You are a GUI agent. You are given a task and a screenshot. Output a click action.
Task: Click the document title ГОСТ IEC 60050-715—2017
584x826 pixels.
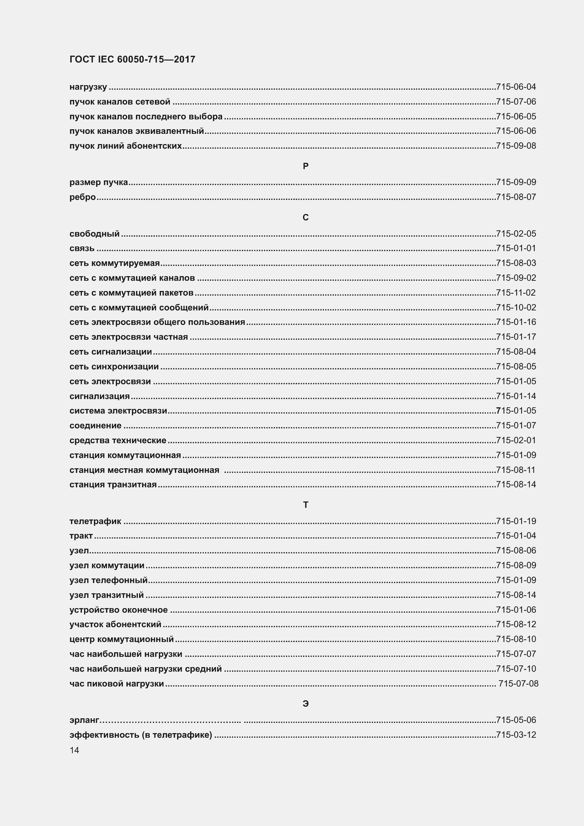pos(132,59)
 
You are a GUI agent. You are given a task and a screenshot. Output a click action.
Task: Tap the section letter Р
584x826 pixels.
pos(306,166)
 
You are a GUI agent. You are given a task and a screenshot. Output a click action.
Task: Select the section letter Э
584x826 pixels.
pos(306,704)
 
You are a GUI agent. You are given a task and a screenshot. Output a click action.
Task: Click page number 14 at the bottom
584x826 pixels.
pos(75,750)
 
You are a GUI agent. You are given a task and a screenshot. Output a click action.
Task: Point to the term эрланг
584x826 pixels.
pos(84,720)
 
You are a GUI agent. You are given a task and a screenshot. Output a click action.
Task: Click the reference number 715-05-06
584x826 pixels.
pos(516,720)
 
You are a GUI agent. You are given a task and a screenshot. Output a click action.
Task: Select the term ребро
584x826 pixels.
pos(83,197)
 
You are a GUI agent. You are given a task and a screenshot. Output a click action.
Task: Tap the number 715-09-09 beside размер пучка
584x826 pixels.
pos(516,182)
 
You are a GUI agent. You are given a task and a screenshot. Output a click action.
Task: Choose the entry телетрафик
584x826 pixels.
pos(95,521)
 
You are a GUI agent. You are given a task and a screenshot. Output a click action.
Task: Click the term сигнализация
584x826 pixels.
pos(100,396)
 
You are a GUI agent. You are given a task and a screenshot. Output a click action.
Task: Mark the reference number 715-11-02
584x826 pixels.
pos(516,292)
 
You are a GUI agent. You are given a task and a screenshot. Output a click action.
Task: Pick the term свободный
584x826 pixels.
pos(95,234)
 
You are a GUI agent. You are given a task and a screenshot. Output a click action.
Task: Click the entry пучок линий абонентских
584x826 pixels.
pos(125,146)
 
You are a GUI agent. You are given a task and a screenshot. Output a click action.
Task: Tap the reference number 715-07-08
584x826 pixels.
pos(518,684)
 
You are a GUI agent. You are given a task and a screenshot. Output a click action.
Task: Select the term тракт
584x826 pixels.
pos(81,536)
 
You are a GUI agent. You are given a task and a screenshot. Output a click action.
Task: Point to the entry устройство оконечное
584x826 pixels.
pos(119,610)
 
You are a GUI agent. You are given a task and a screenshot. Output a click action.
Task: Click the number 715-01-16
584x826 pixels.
pos(516,322)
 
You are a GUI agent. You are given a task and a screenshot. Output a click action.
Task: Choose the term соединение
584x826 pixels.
pos(96,426)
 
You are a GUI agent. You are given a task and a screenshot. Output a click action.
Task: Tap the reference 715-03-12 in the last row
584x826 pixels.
pos(516,735)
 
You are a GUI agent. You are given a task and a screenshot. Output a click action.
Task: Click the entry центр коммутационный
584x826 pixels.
pos(121,639)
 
